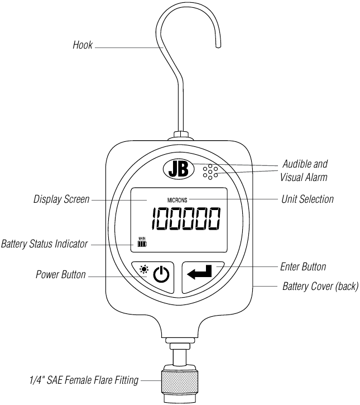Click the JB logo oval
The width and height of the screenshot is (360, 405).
[178, 169]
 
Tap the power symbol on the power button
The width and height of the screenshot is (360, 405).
[161, 275]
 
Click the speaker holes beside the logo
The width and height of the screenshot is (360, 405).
[210, 173]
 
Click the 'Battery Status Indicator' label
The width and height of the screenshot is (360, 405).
[44, 244]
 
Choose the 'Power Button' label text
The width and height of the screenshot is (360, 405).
[61, 275]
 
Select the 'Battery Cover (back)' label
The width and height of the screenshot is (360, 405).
[320, 287]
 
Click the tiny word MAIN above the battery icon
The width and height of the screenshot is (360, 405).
[141, 239]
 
